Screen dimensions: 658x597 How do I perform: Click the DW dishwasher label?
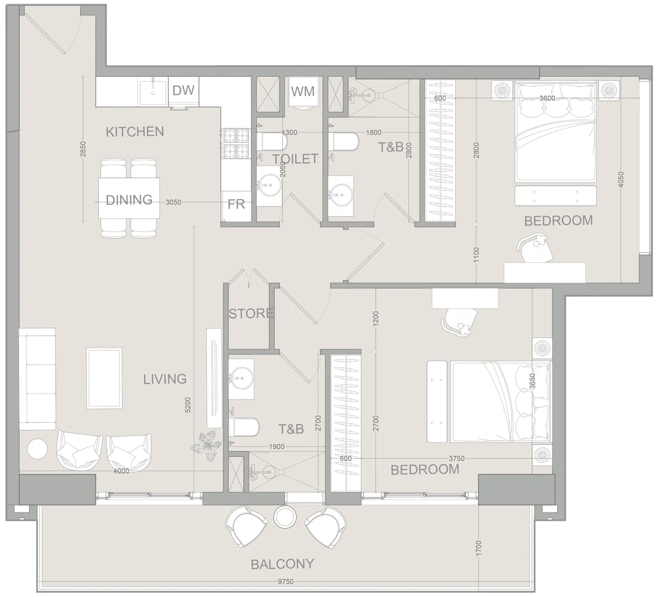click(x=183, y=90)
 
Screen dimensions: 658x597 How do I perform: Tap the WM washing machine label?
click(x=303, y=91)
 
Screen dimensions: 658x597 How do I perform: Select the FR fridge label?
click(x=236, y=204)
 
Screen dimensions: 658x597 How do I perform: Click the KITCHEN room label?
click(x=135, y=132)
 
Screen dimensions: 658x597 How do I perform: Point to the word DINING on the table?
click(x=129, y=200)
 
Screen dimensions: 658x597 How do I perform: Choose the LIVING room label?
click(x=165, y=379)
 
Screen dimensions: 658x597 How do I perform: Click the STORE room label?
click(x=251, y=314)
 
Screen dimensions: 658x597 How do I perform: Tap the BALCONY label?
click(x=283, y=564)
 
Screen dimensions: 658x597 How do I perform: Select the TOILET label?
click(x=295, y=159)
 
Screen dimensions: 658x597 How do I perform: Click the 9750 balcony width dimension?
click(x=286, y=581)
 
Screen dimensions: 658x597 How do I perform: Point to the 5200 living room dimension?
click(x=188, y=405)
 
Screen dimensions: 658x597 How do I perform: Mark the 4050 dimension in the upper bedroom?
click(x=621, y=179)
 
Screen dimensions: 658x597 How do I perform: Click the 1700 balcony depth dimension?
click(x=477, y=548)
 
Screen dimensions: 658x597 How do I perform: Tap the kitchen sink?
click(x=153, y=93)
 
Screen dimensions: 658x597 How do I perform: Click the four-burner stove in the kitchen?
click(x=236, y=144)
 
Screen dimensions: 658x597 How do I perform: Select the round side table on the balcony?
click(x=285, y=516)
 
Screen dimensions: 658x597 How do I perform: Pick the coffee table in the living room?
click(x=104, y=378)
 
